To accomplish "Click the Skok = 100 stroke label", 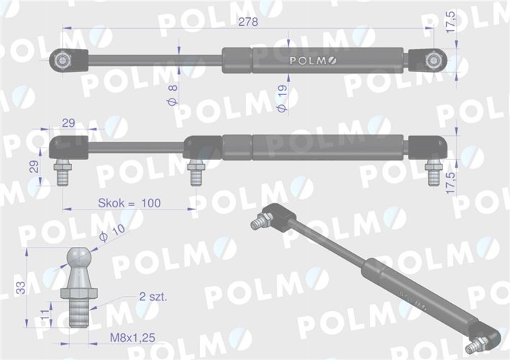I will pyautogui.click(x=129, y=204).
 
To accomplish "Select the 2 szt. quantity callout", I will pyautogui.click(x=152, y=297).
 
